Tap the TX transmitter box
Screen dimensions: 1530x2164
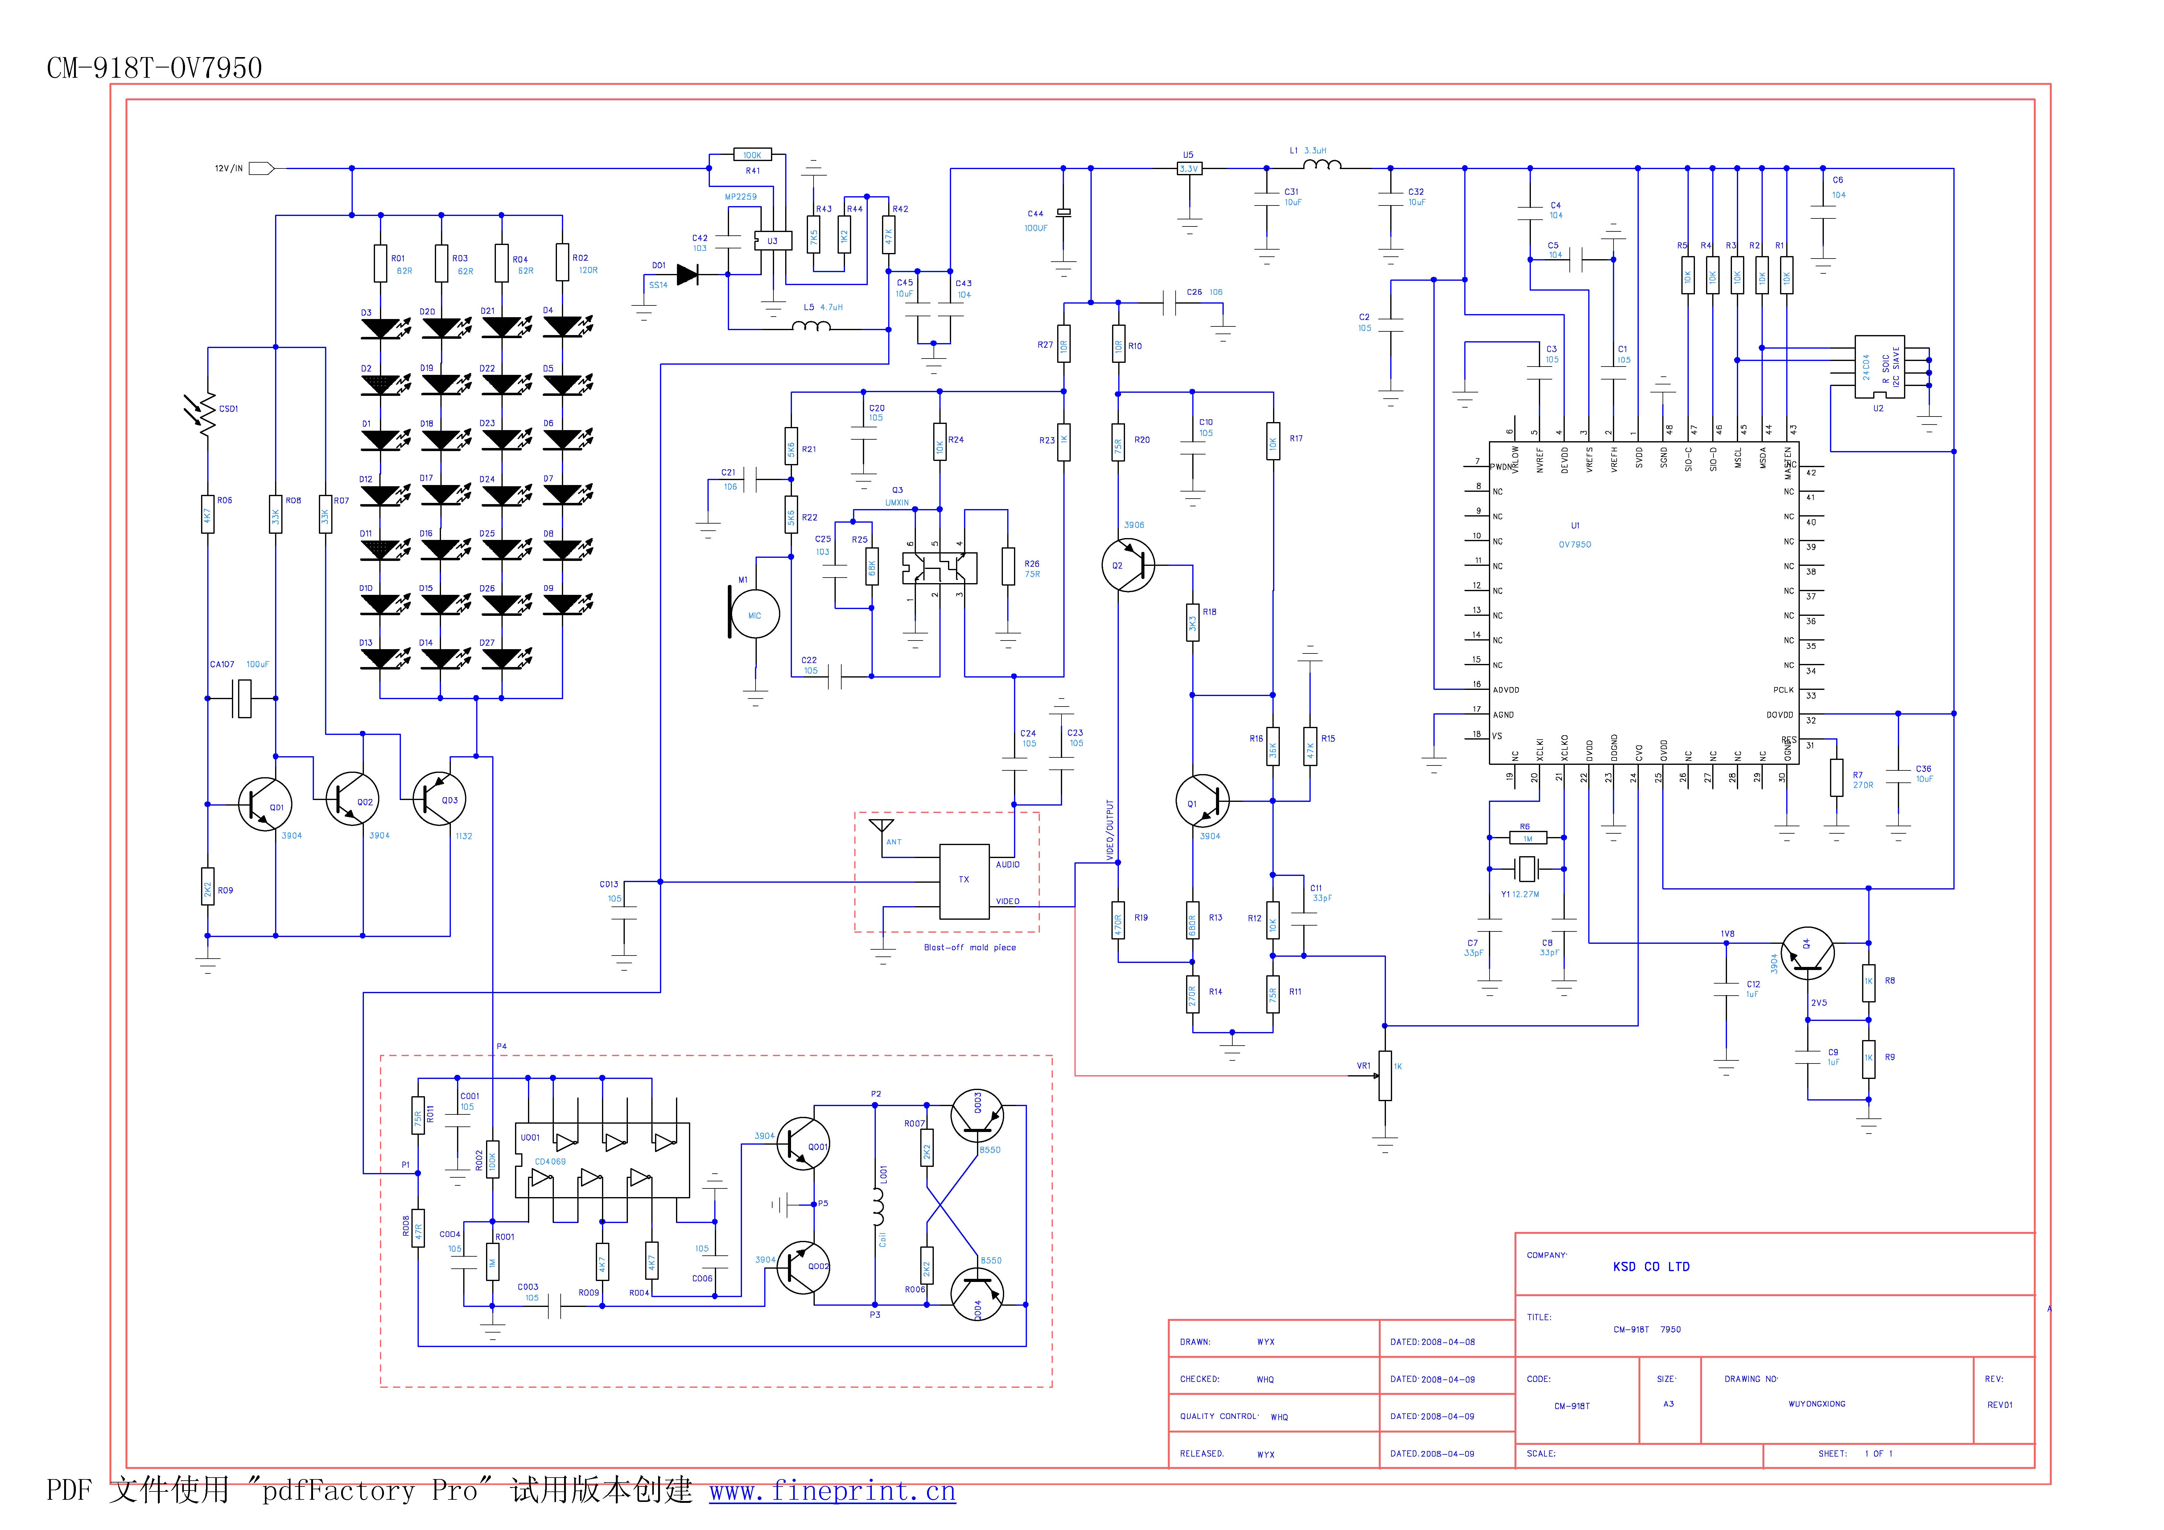964,881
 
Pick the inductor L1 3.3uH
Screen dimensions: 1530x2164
1321,166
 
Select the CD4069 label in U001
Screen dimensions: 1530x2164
550,1161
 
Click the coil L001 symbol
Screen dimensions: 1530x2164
877,1204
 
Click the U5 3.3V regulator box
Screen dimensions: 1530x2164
1189,169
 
